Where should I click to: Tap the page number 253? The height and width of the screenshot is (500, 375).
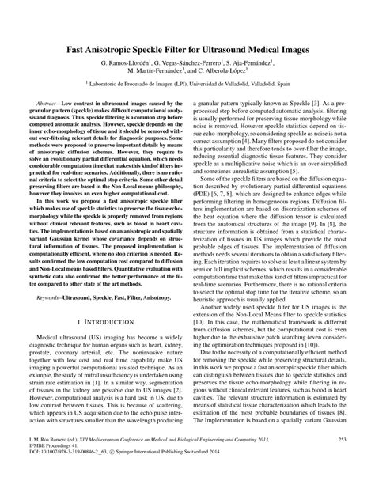(342, 460)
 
